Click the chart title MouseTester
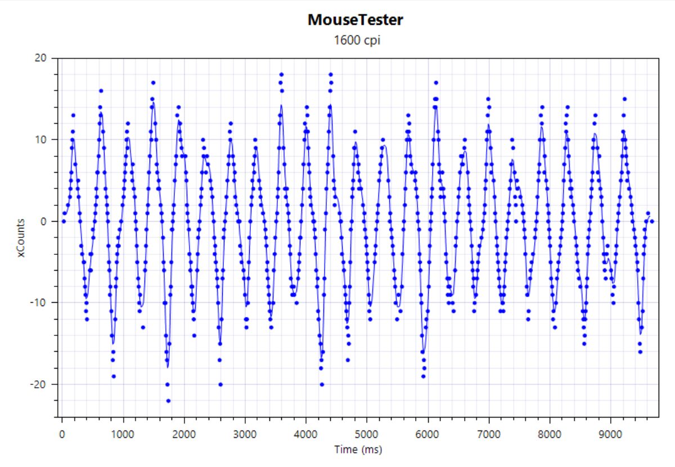[355, 20]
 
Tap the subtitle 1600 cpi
[355, 41]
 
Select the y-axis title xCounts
[22, 238]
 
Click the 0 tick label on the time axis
[62, 434]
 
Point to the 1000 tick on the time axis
[123, 434]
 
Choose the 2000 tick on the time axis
[183, 434]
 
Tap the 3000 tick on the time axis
[244, 434]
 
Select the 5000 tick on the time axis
[366, 434]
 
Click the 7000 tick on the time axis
[488, 434]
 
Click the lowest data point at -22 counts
[168, 401]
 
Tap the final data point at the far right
[652, 221]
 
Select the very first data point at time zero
[64, 221]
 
